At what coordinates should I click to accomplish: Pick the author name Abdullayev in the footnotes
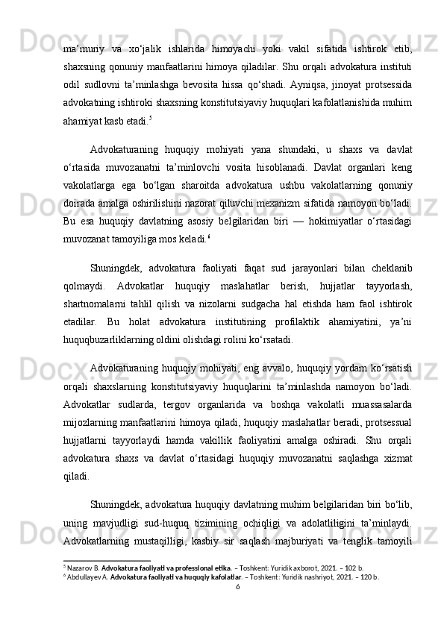[x=88, y=597]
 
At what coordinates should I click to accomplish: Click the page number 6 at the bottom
[x=237, y=608]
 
